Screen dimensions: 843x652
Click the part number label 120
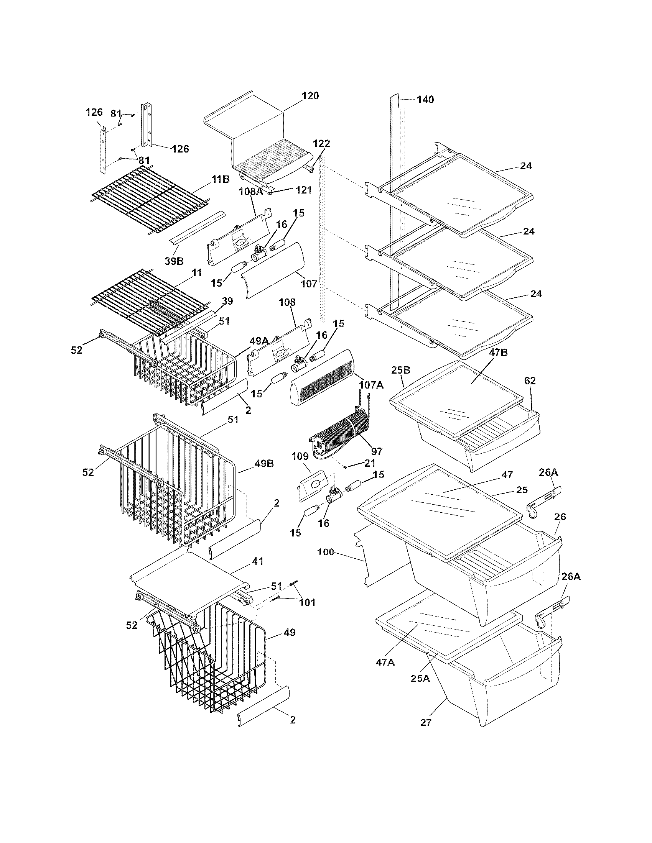pos(311,96)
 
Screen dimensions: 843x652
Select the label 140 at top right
pos(425,100)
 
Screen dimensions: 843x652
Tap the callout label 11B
pos(221,179)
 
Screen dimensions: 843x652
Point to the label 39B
pos(174,261)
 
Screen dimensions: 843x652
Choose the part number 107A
pos(371,385)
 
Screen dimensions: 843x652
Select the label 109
pos(300,456)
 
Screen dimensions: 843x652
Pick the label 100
pos(326,552)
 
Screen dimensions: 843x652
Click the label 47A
pos(385,663)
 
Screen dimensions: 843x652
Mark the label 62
pos(530,381)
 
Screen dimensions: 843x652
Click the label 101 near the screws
pos(307,602)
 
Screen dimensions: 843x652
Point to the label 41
pos(258,561)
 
